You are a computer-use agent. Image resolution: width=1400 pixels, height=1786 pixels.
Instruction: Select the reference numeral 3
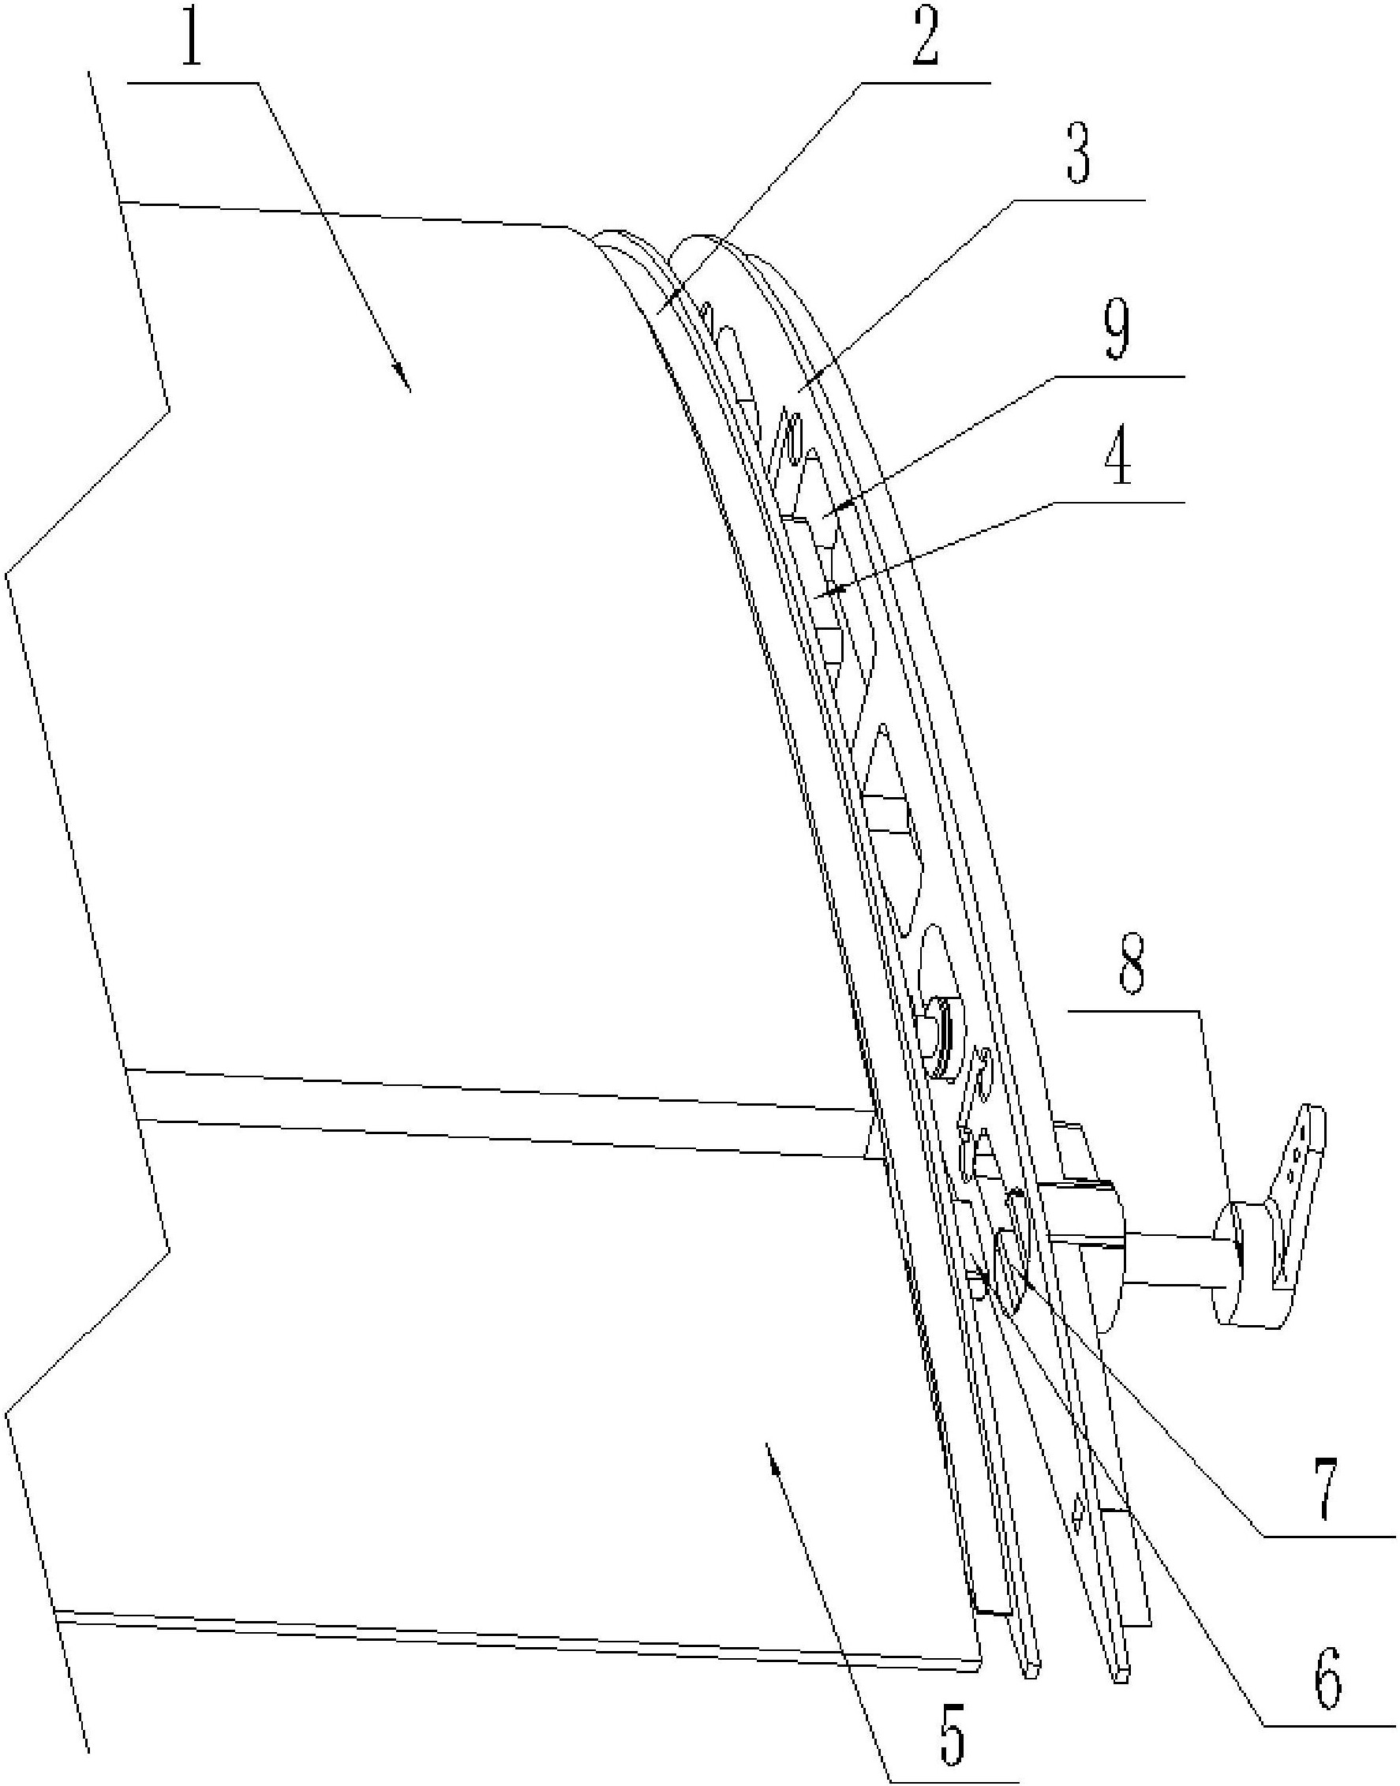point(1078,155)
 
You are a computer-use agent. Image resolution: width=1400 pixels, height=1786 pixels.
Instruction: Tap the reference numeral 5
point(951,1735)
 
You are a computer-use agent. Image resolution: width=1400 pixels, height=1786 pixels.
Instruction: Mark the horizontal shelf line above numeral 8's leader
point(1136,1013)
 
